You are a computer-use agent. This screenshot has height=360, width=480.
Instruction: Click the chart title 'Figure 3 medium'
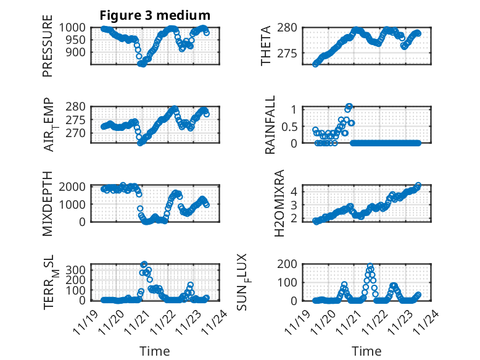coord(155,15)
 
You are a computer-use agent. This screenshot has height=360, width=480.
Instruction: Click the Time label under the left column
coord(155,351)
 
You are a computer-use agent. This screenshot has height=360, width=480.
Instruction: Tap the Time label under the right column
coord(366,351)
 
